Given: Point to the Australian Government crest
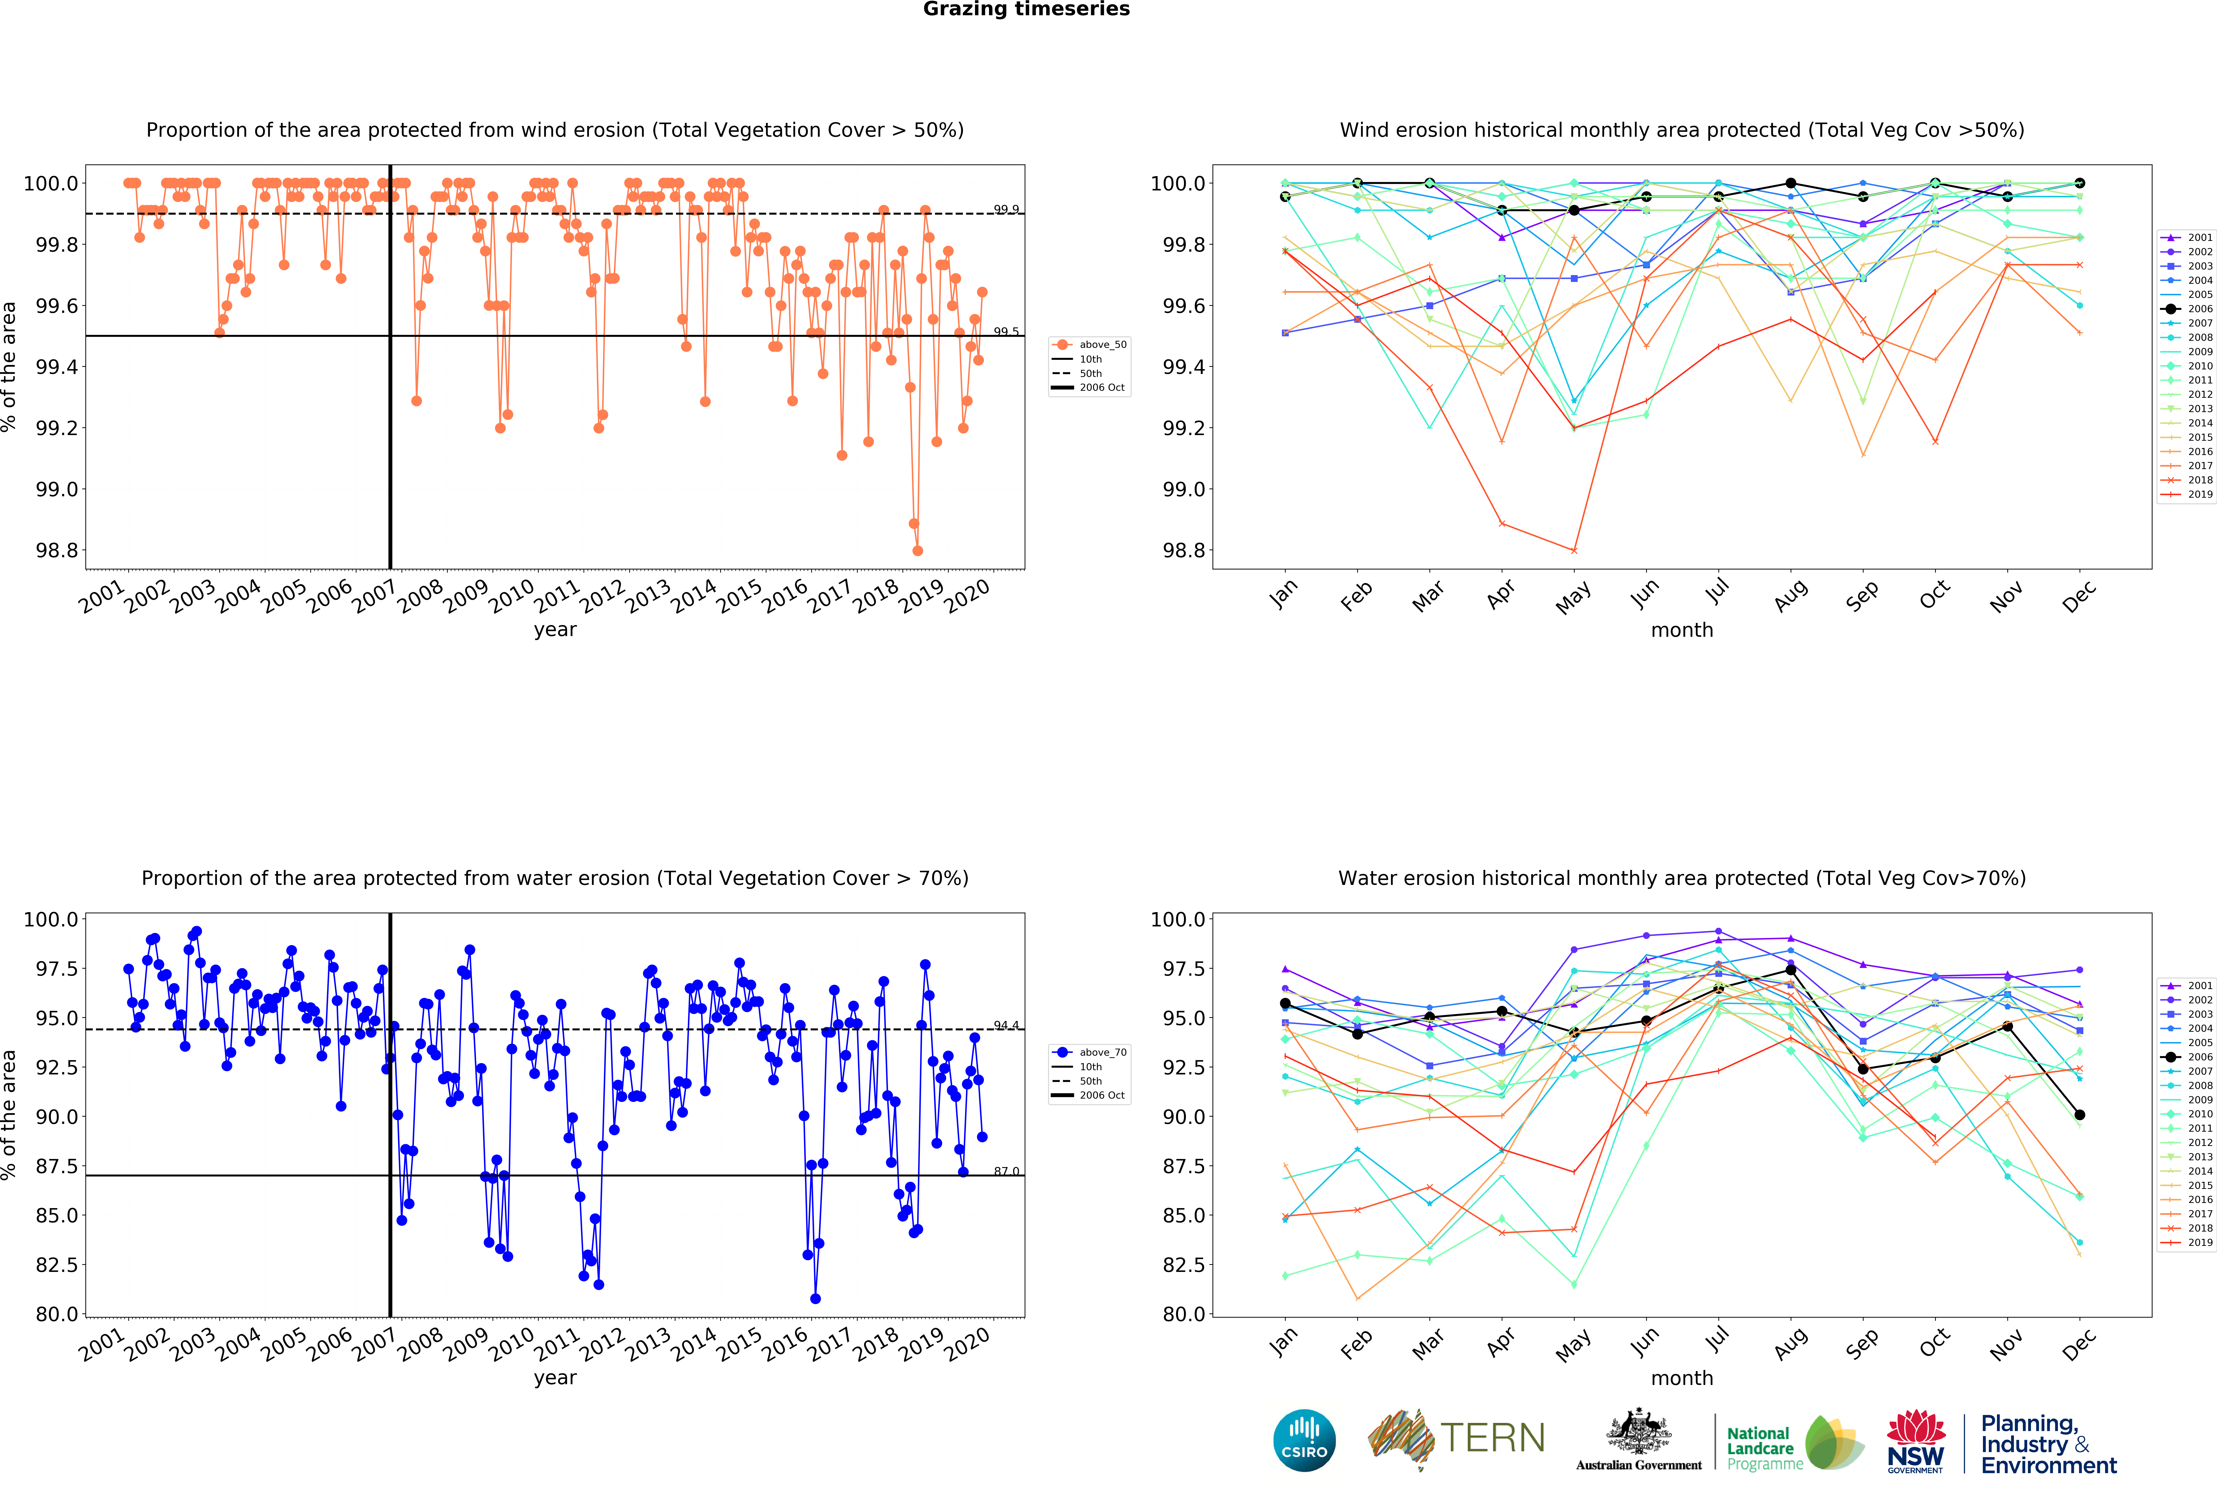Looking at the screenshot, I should (1638, 1431).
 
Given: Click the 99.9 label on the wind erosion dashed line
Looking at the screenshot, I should (1005, 209).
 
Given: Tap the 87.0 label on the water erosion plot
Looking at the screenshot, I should (1005, 1171).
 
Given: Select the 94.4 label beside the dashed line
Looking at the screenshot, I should (1005, 1025).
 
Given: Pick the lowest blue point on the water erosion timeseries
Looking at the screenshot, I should (815, 1299).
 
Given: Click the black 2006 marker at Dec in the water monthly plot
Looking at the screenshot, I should (2080, 1115).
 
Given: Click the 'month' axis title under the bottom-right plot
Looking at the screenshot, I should (1682, 1378).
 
